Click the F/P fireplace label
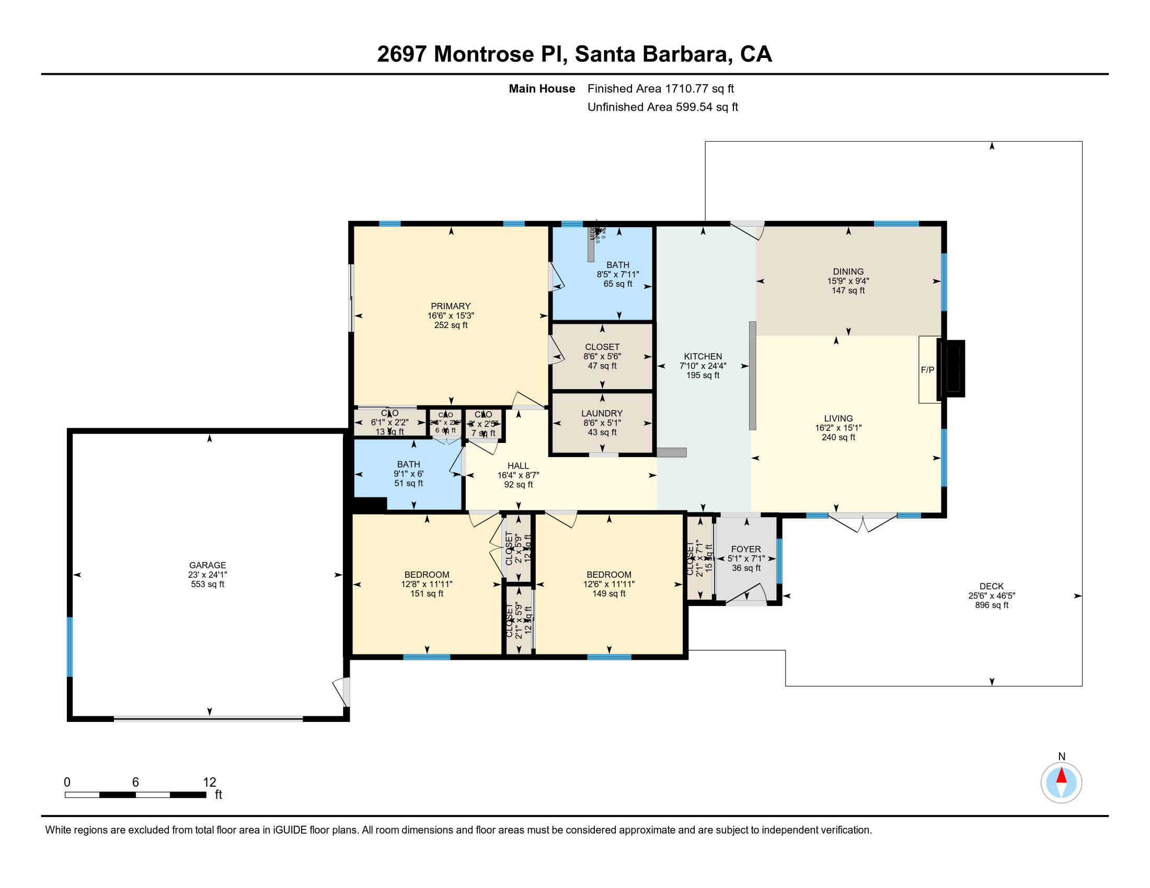pyautogui.click(x=927, y=370)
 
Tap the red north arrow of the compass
pyautogui.click(x=1061, y=776)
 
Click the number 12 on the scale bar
pyautogui.click(x=210, y=782)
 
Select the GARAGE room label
pyautogui.click(x=208, y=565)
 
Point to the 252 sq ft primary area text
pyautogui.click(x=451, y=325)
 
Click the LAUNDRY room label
pyautogui.click(x=602, y=414)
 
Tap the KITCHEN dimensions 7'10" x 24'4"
pyautogui.click(x=703, y=366)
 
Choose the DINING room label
pyautogui.click(x=848, y=272)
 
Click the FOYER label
pyautogui.click(x=745, y=548)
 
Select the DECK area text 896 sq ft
pyautogui.click(x=992, y=605)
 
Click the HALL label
pyautogui.click(x=518, y=465)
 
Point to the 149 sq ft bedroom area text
pyautogui.click(x=608, y=593)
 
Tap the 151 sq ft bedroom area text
pyautogui.click(x=427, y=593)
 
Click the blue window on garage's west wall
pyautogui.click(x=70, y=647)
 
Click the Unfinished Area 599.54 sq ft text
pyautogui.click(x=662, y=107)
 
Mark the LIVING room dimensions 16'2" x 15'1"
pyautogui.click(x=838, y=428)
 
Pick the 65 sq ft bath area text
pyautogui.click(x=618, y=284)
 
